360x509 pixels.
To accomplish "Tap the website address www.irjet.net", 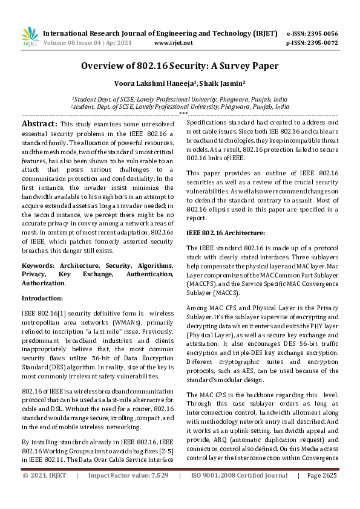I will point(174,43).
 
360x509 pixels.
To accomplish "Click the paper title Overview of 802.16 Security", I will point(180,68).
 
